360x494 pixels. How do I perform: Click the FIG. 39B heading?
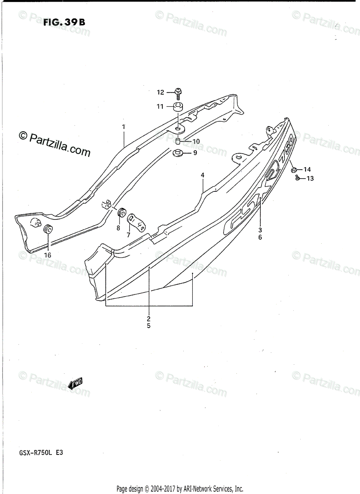(64, 22)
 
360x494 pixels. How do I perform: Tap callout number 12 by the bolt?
(160, 93)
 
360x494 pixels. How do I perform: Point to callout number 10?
(196, 141)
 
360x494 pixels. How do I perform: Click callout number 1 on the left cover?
(124, 127)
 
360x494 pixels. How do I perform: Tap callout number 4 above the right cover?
(203, 175)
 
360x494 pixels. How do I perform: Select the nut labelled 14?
(294, 169)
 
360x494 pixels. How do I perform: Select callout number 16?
(47, 255)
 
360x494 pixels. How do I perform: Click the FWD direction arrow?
(76, 384)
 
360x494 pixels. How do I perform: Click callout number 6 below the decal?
(260, 237)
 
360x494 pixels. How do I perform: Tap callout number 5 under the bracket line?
(148, 326)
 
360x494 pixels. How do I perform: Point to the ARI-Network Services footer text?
(180, 489)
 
